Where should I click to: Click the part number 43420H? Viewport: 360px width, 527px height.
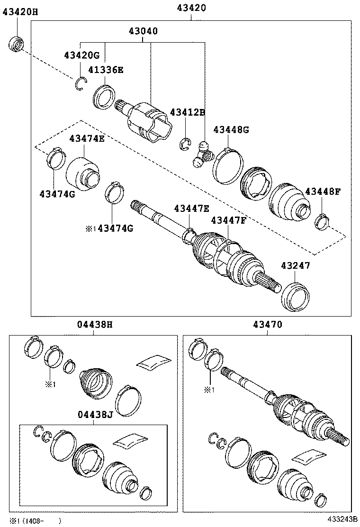point(20,12)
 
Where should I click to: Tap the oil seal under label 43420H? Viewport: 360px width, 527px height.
point(17,43)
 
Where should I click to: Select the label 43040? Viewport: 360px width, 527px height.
point(143,31)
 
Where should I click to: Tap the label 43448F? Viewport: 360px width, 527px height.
point(323,191)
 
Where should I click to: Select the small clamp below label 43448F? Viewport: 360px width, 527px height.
point(322,221)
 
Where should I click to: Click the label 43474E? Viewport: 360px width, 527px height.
point(87,138)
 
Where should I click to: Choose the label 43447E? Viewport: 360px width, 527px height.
point(191,208)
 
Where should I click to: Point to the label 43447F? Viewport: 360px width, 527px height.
point(229,220)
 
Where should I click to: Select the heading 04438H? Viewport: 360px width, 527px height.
point(95,325)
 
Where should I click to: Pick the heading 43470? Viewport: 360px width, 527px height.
point(267,325)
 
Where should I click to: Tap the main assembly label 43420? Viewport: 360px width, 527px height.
point(191,8)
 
